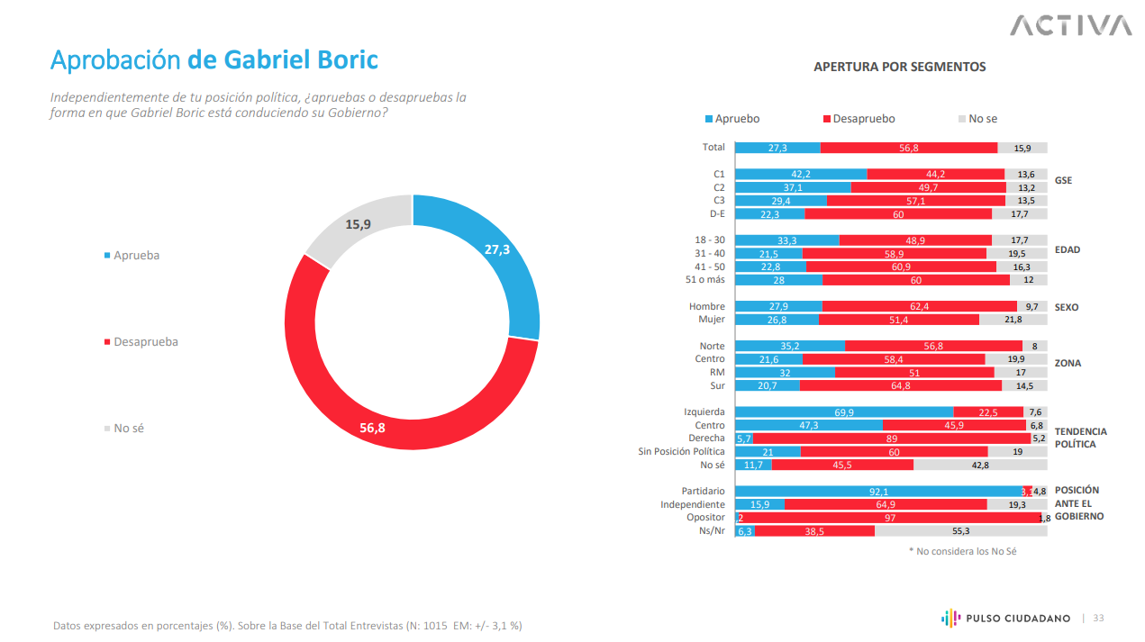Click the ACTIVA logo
(1070, 25)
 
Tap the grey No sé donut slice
(356, 225)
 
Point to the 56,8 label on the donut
(372, 429)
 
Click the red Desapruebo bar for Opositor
(889, 518)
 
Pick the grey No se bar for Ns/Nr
(960, 531)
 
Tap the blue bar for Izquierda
(844, 412)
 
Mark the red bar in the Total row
(908, 148)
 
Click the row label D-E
(717, 213)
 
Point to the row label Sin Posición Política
(681, 452)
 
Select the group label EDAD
(1068, 249)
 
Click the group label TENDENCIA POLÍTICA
(1080, 438)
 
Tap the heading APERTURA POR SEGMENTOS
(899, 67)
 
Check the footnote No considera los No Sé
(961, 551)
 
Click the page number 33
(1098, 619)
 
